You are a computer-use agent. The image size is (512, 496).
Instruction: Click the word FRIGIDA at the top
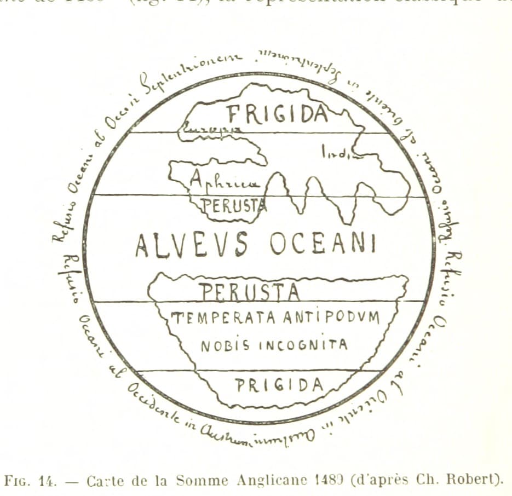(278, 114)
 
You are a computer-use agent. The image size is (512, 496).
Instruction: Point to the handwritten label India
(335, 152)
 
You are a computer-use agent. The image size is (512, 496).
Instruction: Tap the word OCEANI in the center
(323, 244)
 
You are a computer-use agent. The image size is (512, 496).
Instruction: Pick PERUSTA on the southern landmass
(249, 292)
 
